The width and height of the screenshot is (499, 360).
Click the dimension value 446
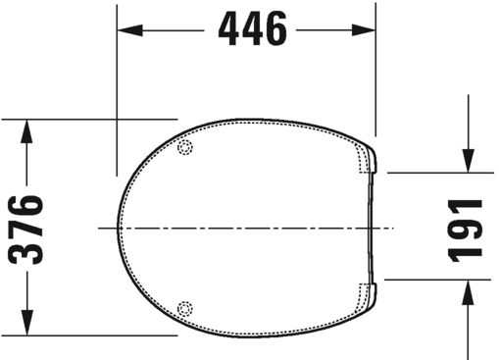(x=253, y=29)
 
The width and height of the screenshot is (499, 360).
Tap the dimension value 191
(x=468, y=227)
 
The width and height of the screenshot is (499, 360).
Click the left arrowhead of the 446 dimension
(x=126, y=30)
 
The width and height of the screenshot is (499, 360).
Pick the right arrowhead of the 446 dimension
(x=368, y=30)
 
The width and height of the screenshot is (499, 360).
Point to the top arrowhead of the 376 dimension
(x=28, y=128)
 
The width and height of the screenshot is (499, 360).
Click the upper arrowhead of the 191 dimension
(x=468, y=162)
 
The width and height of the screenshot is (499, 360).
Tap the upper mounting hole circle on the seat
(x=186, y=148)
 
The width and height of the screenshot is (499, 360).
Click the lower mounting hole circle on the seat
(x=184, y=306)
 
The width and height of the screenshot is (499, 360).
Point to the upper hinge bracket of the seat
(x=369, y=162)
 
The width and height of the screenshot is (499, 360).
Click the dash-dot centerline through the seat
(x=245, y=228)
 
